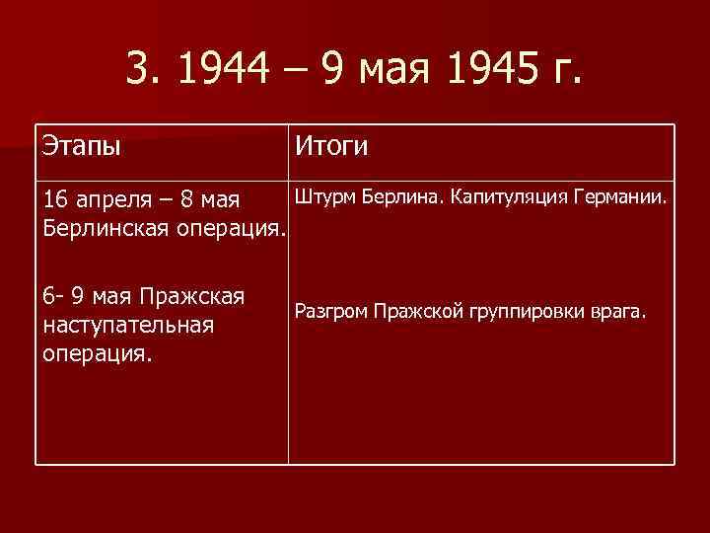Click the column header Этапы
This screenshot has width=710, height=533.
click(82, 148)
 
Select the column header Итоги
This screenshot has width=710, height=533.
click(329, 147)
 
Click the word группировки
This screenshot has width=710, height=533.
click(533, 313)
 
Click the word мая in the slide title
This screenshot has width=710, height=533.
click(406, 71)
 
